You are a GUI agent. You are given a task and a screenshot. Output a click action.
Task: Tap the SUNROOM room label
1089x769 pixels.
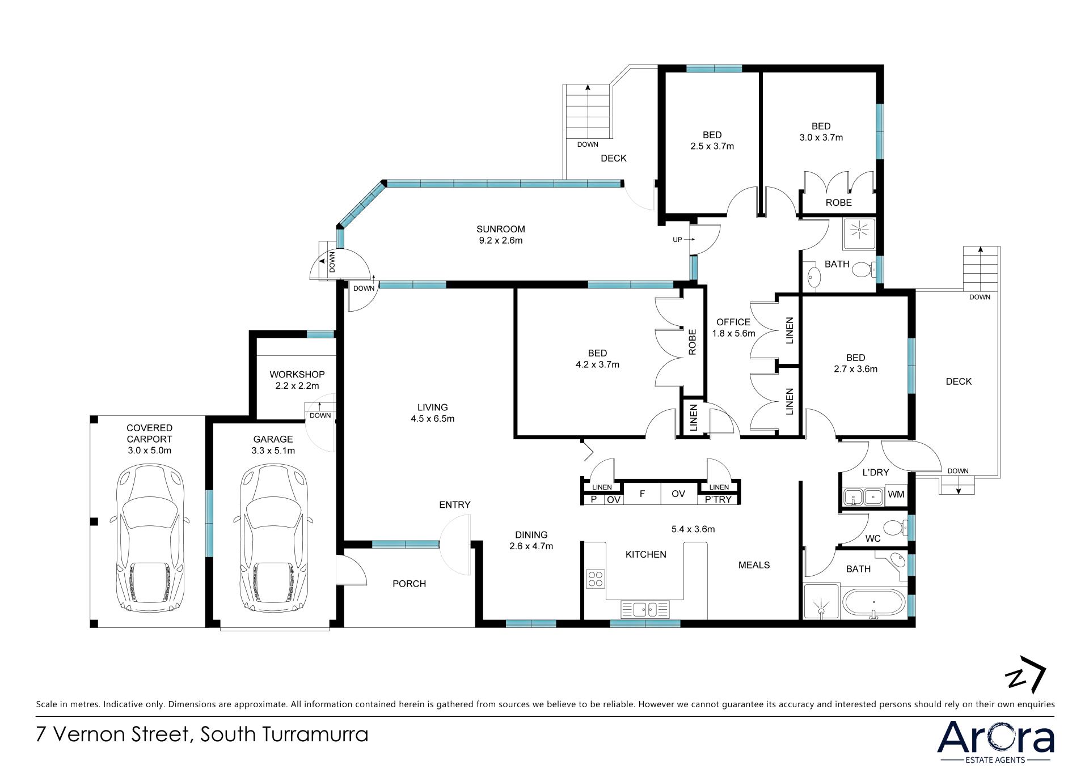point(500,229)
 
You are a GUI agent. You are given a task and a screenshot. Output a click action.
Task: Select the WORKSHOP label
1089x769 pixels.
point(297,375)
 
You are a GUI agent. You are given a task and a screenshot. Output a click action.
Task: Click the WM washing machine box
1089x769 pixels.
point(896,495)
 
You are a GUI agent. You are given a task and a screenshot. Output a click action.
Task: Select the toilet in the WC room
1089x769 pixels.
point(897,528)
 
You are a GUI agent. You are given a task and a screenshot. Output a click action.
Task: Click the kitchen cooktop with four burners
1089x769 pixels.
point(595,579)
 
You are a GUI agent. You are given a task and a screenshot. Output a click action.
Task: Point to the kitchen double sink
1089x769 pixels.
point(645,610)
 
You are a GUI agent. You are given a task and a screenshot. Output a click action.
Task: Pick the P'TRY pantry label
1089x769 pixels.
point(719,499)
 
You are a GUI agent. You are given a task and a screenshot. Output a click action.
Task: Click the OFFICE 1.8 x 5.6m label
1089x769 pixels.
point(733,328)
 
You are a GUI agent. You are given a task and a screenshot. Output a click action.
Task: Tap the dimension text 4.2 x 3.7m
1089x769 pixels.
point(597,364)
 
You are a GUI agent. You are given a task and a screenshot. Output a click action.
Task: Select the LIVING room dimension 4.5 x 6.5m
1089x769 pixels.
point(433,419)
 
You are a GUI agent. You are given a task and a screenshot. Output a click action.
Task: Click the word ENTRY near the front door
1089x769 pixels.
point(455,505)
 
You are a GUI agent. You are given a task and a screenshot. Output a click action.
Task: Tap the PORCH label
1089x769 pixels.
point(409,584)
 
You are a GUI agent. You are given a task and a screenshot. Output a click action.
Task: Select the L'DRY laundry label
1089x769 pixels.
point(876,472)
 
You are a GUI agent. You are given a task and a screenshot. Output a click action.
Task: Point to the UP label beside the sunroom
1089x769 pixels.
point(677,240)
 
